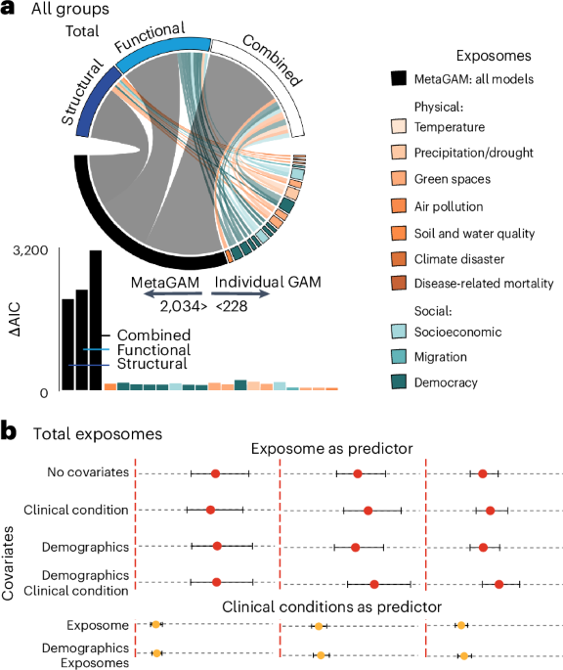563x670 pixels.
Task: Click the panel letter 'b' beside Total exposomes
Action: pos(9,431)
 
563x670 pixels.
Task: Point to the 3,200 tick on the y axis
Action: pos(29,251)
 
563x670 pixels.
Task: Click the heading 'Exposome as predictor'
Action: pos(328,450)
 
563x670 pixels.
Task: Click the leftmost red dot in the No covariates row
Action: pos(215,473)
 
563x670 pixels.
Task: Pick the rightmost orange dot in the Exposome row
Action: pos(460,624)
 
